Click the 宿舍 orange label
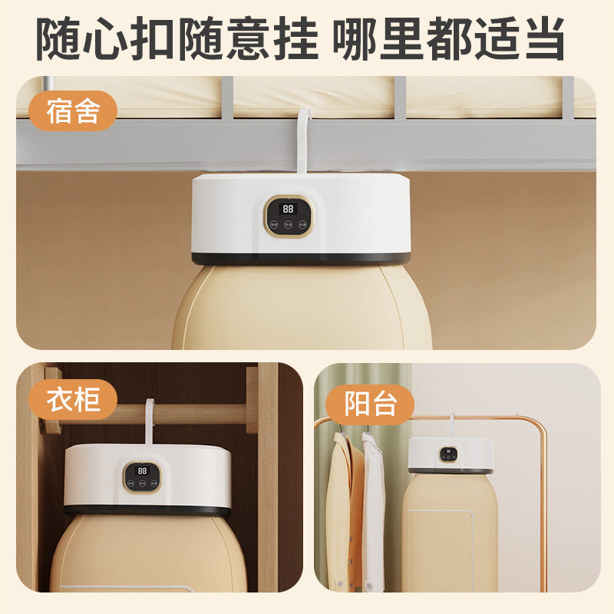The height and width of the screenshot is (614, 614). [x=73, y=111]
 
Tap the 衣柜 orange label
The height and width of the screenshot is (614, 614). [x=73, y=399]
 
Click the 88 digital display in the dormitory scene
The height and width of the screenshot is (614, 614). [x=289, y=208]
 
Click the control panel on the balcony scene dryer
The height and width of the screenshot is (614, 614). [x=449, y=454]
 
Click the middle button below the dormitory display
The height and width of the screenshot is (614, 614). [x=289, y=226]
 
